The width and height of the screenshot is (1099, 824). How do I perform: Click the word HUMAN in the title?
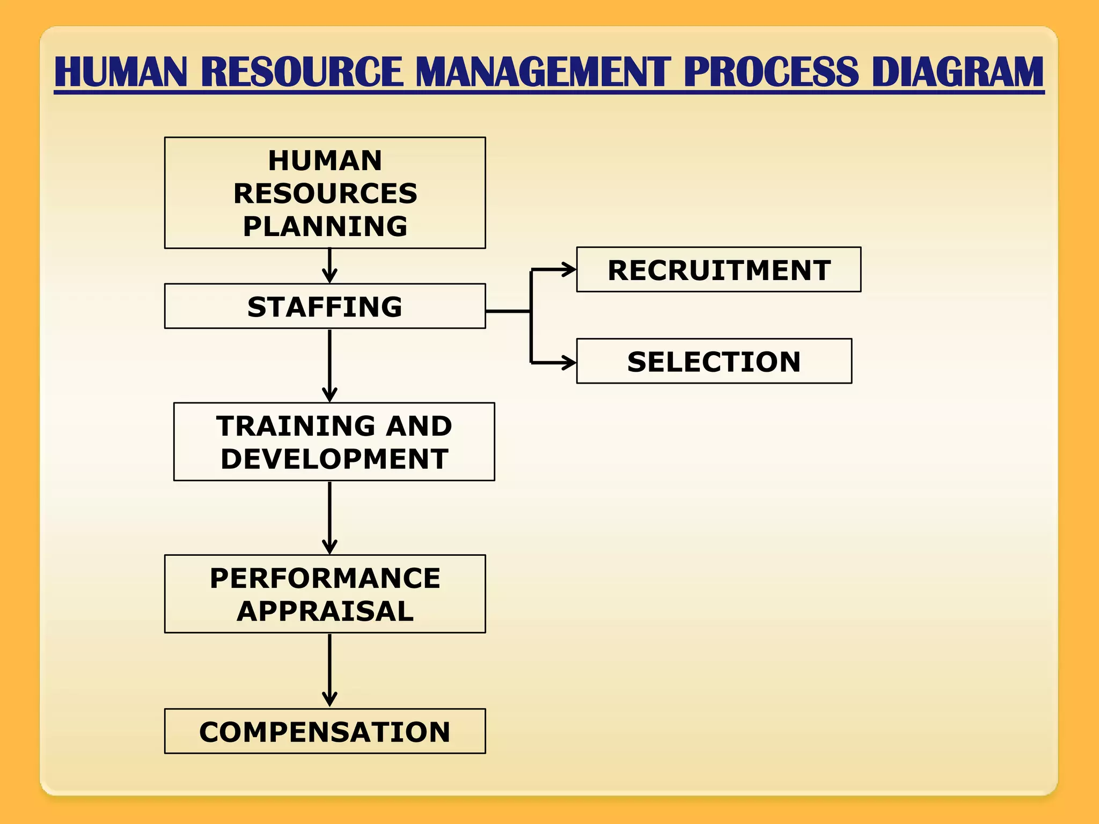click(x=121, y=72)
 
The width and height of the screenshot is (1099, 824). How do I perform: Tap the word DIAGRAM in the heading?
click(x=957, y=72)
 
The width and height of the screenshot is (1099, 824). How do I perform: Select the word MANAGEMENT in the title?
click(x=543, y=72)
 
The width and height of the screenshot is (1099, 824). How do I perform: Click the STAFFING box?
click(x=325, y=306)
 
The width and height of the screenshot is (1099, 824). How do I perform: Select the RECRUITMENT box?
click(x=719, y=270)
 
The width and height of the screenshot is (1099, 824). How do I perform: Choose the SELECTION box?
click(x=714, y=361)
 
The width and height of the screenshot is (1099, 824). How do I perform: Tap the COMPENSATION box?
click(x=325, y=732)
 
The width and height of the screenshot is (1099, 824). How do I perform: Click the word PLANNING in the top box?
click(x=325, y=226)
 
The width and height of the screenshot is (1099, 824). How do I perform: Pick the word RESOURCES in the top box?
click(x=325, y=193)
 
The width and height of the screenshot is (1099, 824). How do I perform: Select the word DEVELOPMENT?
click(x=334, y=459)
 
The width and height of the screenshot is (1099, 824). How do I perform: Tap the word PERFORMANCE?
click(x=325, y=578)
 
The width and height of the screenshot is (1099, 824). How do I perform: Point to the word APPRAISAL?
click(x=325, y=611)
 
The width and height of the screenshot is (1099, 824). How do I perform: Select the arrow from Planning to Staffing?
click(x=329, y=266)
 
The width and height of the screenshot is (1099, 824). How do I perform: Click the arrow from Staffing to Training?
click(x=329, y=365)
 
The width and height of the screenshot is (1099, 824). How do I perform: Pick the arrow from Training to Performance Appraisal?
click(x=329, y=517)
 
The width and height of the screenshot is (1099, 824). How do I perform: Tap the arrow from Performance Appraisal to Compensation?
click(x=329, y=670)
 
